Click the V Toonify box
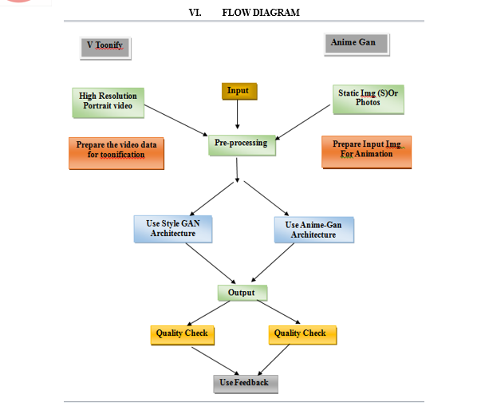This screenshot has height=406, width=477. (x=105, y=48)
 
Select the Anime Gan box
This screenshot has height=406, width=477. (x=357, y=45)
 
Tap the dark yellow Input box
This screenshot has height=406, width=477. (x=239, y=91)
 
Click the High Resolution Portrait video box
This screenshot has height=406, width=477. (x=108, y=103)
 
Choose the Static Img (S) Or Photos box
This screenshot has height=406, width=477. (x=369, y=100)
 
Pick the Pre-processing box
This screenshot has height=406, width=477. (x=242, y=145)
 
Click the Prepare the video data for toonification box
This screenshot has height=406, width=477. (x=116, y=153)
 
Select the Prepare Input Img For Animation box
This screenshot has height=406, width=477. (x=367, y=152)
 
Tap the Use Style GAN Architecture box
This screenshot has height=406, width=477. (x=173, y=229)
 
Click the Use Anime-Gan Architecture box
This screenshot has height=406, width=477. (x=314, y=230)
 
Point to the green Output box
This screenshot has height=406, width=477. (x=242, y=293)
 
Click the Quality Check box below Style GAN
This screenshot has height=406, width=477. (x=183, y=335)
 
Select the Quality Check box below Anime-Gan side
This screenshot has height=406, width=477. (x=302, y=335)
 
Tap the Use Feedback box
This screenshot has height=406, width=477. (x=246, y=384)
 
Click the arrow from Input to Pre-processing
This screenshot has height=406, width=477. (x=238, y=114)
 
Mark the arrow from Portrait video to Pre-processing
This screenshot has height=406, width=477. (x=175, y=120)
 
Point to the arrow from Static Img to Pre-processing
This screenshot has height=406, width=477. (x=302, y=122)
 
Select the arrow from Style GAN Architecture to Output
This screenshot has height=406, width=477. (x=211, y=263)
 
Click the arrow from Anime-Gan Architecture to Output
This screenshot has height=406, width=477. (x=273, y=262)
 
